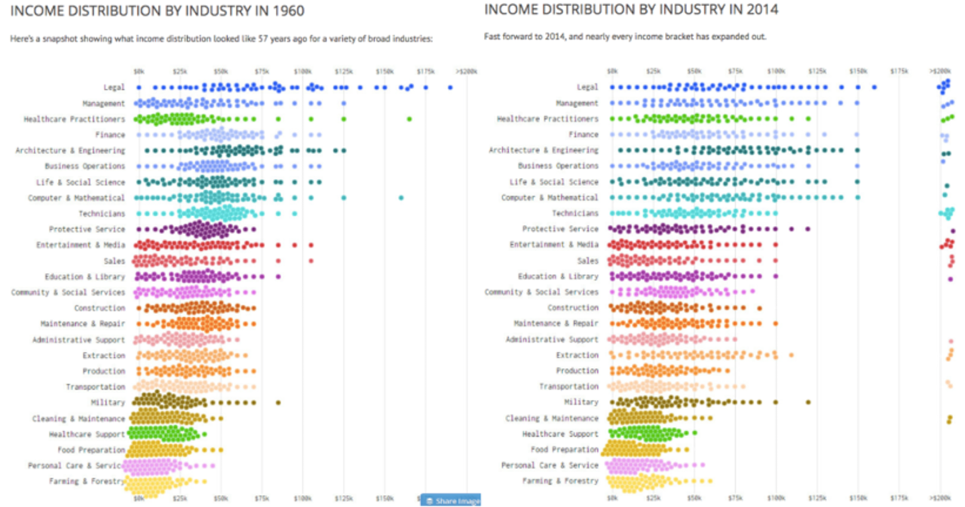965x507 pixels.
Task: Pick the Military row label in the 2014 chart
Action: [581, 402]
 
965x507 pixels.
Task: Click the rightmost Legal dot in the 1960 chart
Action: [450, 88]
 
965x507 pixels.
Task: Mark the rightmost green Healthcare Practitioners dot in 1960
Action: [409, 119]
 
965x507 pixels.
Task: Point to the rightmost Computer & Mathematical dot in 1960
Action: [401, 198]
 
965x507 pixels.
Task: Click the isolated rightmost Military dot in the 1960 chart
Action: [278, 403]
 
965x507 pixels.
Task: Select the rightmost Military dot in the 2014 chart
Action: [808, 402]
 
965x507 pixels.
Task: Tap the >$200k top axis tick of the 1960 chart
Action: [467, 71]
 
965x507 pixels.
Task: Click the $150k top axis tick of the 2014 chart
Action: [858, 70]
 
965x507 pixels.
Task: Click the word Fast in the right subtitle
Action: [492, 36]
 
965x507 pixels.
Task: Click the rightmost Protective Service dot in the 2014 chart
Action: [808, 229]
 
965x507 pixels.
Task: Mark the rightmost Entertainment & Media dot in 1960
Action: [311, 245]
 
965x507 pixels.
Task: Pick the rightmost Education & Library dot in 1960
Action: [278, 277]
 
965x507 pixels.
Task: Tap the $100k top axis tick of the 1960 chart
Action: [302, 71]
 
